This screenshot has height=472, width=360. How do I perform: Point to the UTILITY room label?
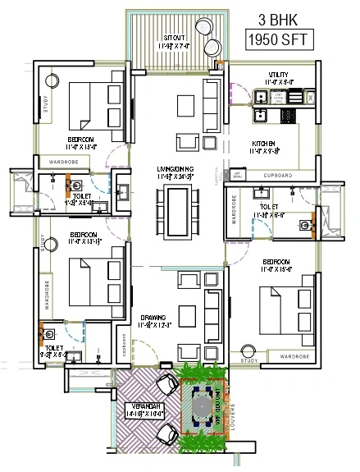click(277, 76)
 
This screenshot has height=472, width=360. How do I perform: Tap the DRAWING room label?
click(153, 317)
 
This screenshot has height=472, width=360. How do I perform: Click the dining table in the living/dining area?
click(175, 209)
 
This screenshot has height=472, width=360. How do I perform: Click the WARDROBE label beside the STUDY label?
click(294, 358)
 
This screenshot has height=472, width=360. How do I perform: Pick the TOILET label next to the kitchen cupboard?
click(270, 207)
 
